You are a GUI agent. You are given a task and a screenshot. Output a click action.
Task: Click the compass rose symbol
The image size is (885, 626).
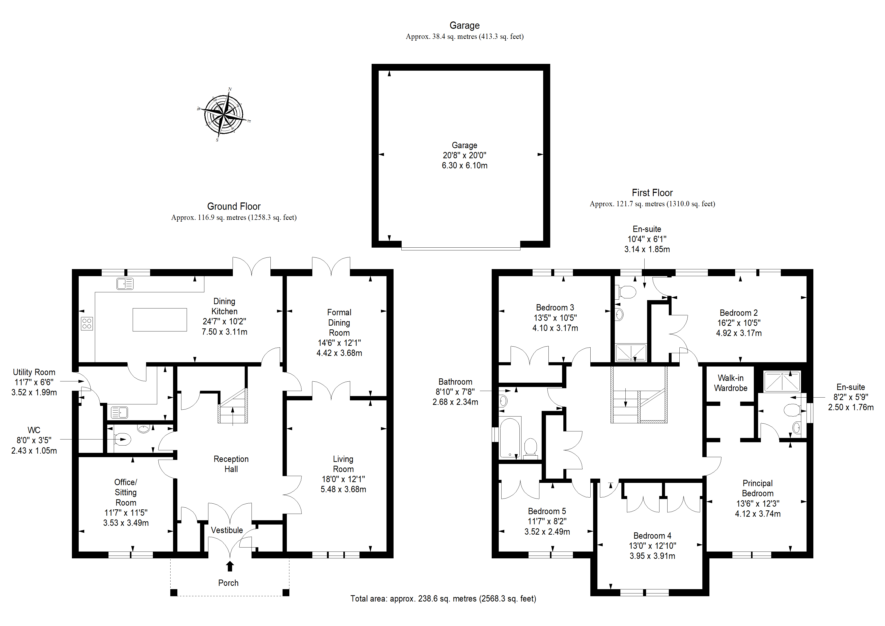[x=224, y=115]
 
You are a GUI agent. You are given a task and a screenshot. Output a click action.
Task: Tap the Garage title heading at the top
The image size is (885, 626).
[x=464, y=25]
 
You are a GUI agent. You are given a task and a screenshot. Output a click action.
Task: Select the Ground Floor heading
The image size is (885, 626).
[x=234, y=206]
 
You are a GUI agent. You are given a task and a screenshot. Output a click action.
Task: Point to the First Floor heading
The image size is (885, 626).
[x=652, y=193]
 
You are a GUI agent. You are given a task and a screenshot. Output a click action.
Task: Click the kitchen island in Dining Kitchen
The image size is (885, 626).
[x=160, y=320]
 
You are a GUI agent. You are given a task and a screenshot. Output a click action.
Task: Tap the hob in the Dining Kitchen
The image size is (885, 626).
[x=87, y=324]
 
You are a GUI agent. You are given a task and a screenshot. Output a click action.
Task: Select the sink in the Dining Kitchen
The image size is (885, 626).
[x=125, y=284]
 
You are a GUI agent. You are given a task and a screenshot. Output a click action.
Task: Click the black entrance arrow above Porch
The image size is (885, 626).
[x=230, y=566]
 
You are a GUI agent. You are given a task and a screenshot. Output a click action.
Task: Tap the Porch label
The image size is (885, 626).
[x=228, y=583]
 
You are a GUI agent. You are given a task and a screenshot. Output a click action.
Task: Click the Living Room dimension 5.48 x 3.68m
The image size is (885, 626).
[x=343, y=489]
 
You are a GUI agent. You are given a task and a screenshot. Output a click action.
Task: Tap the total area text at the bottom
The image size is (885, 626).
[x=443, y=599]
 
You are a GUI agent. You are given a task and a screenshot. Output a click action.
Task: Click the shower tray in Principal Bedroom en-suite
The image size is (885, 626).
[x=782, y=381]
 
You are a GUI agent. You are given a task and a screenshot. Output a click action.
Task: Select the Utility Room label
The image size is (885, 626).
[x=34, y=372]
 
